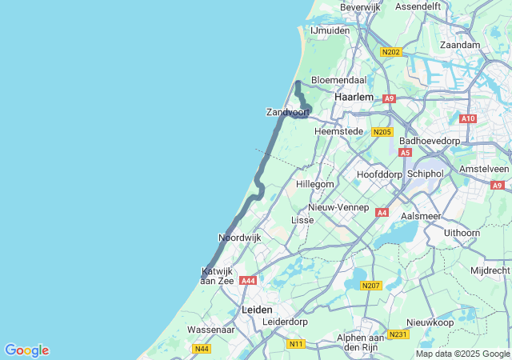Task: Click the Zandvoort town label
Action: [287, 112]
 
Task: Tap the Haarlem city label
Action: [354, 96]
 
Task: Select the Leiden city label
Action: [257, 310]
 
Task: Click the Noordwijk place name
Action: [240, 238]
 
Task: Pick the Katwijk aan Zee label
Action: [217, 276]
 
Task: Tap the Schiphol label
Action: [425, 173]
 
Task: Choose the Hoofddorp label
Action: [379, 174]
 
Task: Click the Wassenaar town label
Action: [210, 330]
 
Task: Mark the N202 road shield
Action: [390, 52]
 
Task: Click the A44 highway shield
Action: [249, 281]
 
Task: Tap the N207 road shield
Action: [370, 286]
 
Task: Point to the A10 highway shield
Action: [468, 118]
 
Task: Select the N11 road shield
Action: [296, 343]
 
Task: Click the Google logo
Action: [26, 350]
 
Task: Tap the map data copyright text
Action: [462, 354]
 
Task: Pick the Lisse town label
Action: [302, 219]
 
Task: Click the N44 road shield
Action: [202, 348]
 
